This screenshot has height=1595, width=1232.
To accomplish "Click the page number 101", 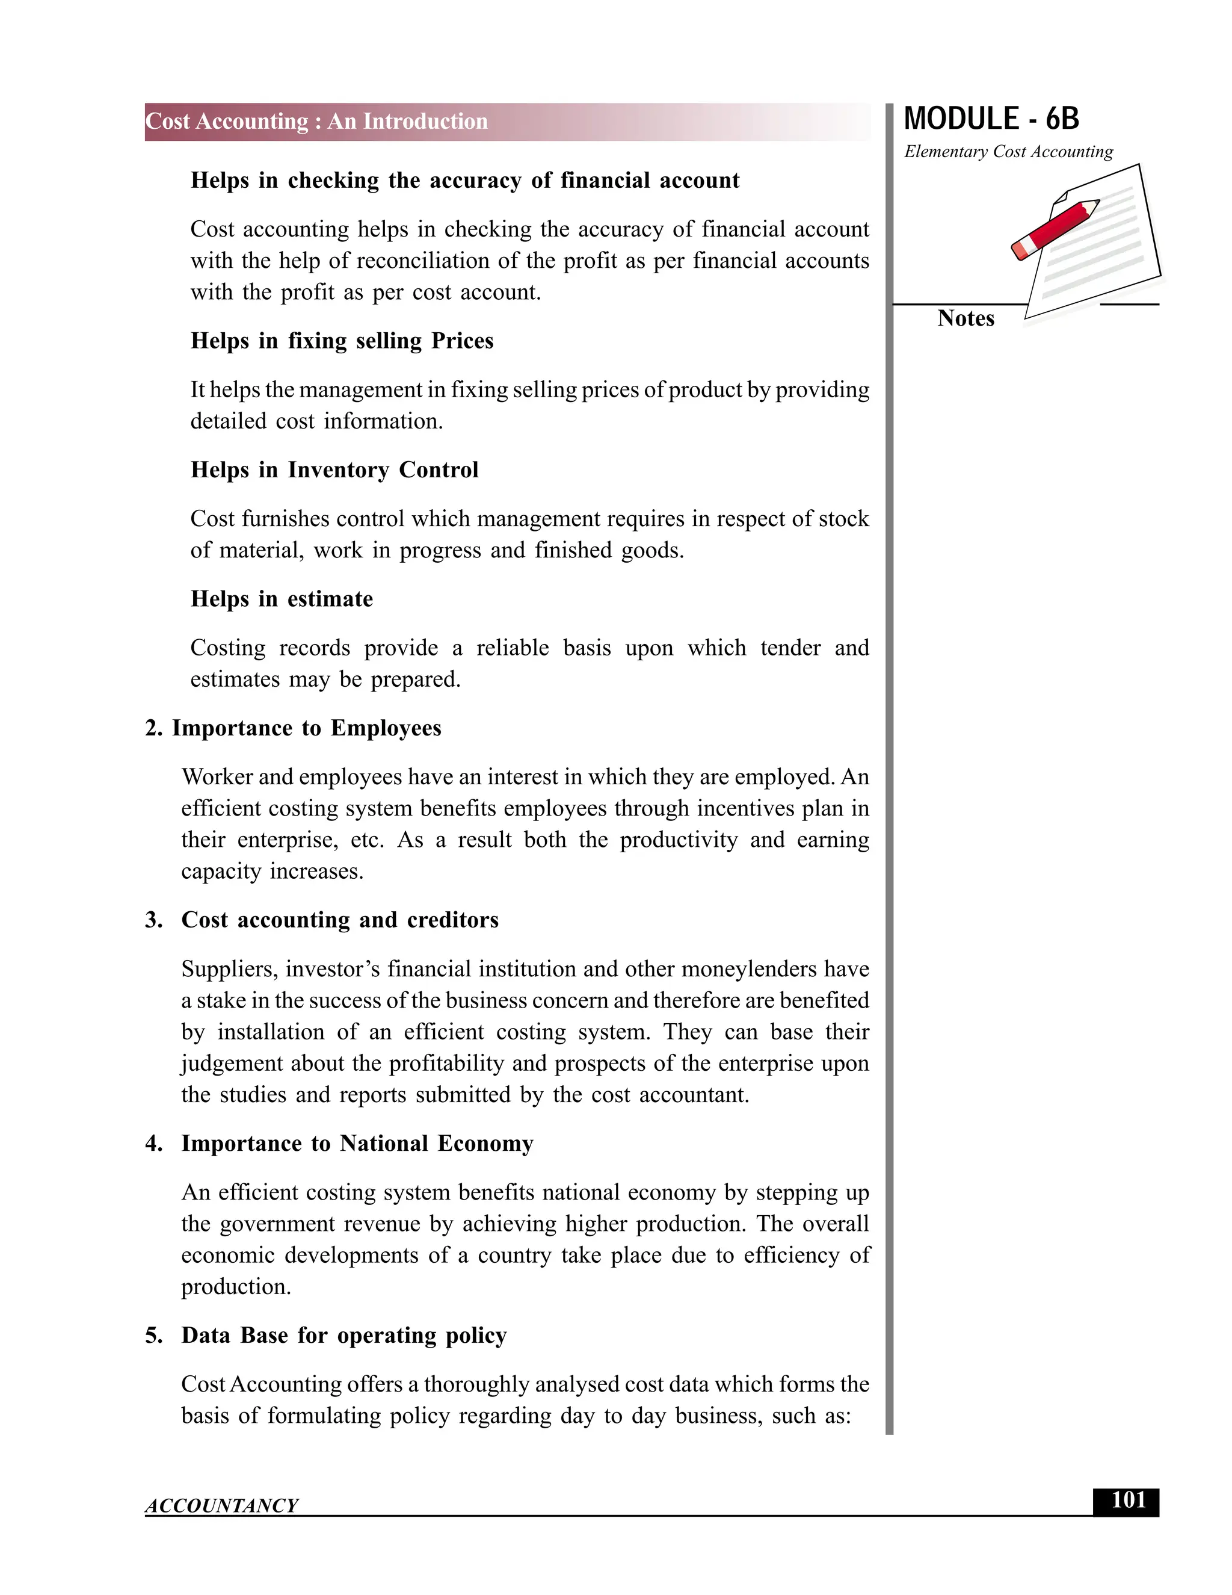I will click(x=1128, y=1501).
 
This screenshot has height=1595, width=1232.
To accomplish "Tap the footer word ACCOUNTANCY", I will click(x=222, y=1506).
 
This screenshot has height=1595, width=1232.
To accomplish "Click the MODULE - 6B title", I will click(x=991, y=119).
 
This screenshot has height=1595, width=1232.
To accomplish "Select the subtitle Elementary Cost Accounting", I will click(x=1009, y=152).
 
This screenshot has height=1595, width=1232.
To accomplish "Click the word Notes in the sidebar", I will click(x=966, y=318).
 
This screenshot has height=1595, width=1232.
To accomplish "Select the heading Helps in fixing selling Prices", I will click(x=342, y=341).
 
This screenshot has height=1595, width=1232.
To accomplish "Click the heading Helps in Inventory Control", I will click(x=334, y=469).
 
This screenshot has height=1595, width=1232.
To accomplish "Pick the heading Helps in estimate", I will click(x=282, y=599).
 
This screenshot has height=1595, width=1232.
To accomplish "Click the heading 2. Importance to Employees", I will click(x=294, y=728).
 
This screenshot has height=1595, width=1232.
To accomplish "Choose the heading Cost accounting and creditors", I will click(x=340, y=920).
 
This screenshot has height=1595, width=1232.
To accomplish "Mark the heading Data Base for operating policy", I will click(x=343, y=1336).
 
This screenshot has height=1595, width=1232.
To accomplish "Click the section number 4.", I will click(x=153, y=1144).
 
